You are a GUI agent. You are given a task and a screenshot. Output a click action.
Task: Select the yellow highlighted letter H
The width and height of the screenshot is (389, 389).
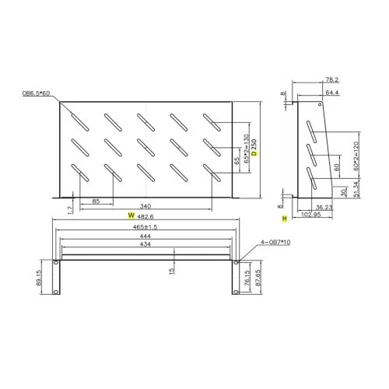285,219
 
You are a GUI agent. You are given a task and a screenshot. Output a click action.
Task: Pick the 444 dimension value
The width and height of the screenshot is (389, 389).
145,235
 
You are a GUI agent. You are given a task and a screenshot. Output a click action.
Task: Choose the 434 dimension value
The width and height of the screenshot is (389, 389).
145,244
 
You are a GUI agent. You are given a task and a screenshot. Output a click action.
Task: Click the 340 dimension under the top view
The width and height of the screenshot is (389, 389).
146,205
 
